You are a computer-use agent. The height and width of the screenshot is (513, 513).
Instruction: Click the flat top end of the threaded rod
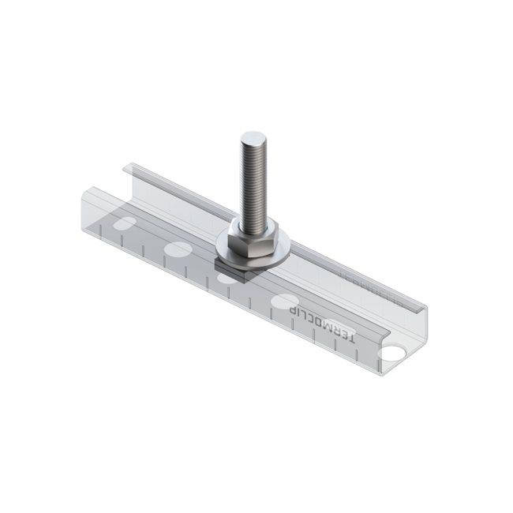coord(253,138)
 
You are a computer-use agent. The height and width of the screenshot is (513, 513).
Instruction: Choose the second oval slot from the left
coord(178,251)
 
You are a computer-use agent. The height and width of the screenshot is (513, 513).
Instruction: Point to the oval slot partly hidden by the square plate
coord(228,277)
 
